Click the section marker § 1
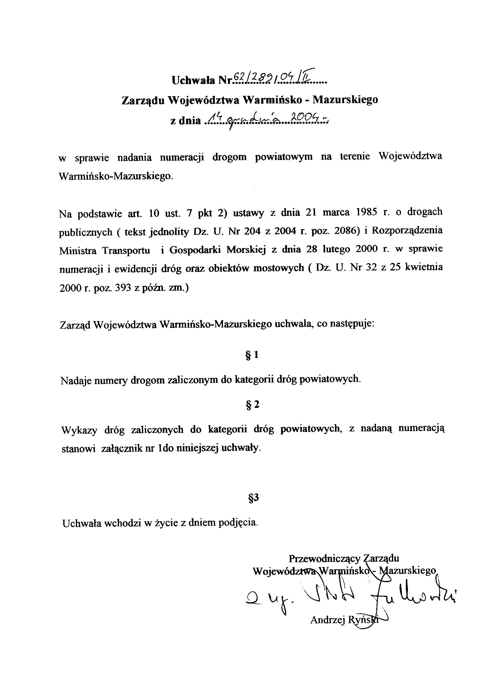(x=252, y=355)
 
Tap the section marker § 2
(x=252, y=405)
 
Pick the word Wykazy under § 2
(x=79, y=430)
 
